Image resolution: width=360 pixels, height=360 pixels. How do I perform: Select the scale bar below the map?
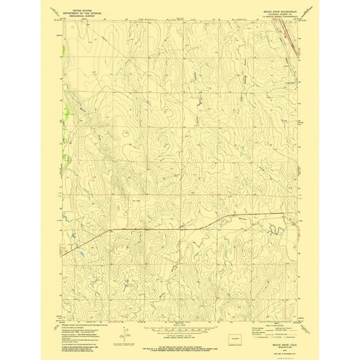tap(179, 326)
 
